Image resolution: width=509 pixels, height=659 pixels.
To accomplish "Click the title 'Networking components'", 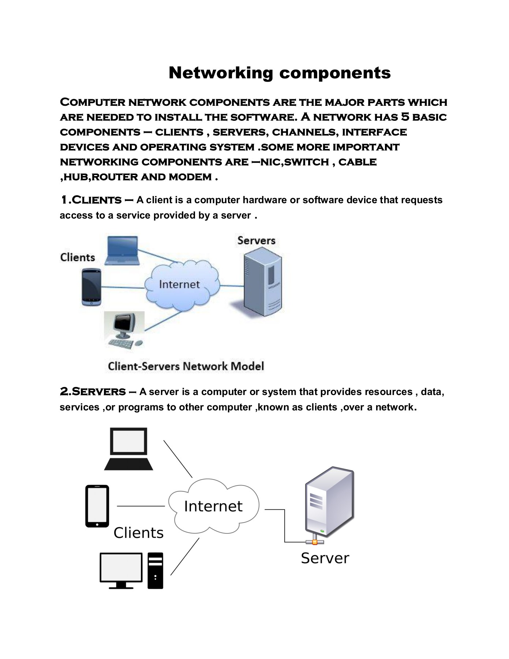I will tap(280, 72).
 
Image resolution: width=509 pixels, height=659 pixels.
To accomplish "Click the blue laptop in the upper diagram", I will tap(122, 251).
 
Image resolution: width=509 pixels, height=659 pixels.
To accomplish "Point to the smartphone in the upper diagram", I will tap(91, 287).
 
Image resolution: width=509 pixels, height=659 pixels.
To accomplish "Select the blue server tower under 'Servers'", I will tap(263, 281).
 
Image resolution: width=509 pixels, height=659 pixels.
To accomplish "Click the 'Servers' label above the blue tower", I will tap(256, 241).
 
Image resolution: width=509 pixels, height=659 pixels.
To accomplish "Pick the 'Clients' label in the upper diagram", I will tap(78, 257).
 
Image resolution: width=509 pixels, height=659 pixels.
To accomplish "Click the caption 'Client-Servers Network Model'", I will tap(186, 366).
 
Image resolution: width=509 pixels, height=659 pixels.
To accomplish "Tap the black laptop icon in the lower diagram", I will tap(129, 449).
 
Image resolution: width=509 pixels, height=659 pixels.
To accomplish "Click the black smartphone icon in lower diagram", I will tap(97, 506).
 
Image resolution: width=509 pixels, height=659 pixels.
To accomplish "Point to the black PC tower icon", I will tap(155, 570).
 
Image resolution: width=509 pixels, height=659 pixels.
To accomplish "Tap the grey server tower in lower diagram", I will tap(329, 502).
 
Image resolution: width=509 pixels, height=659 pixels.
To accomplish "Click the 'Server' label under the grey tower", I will tap(325, 558).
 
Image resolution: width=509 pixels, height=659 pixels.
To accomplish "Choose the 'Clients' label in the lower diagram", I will tap(138, 533).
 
